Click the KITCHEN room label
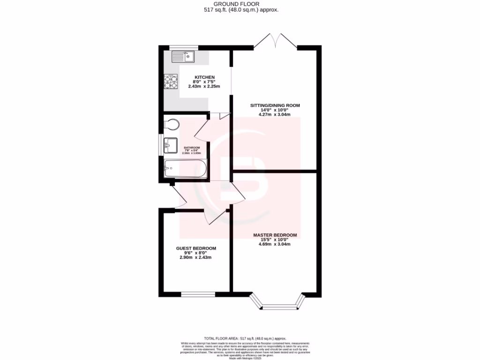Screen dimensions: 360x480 (x=205, y=77)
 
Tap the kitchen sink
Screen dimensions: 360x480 (x=183, y=58)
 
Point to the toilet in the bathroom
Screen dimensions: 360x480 (x=172, y=124)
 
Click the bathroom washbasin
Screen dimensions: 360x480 (x=170, y=145)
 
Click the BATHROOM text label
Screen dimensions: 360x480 (x=191, y=148)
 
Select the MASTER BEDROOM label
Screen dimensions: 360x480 (x=275, y=235)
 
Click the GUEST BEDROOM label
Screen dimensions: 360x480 (x=196, y=248)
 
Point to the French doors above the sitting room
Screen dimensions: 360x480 (x=276, y=41)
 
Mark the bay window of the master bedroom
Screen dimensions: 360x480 (x=279, y=304)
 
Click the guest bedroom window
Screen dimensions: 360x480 (x=198, y=294)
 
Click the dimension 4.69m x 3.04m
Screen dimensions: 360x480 (x=275, y=244)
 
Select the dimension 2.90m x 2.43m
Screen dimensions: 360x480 (x=196, y=257)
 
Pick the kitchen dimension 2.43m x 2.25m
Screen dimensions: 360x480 (x=204, y=87)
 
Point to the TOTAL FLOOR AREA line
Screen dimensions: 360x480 (x=245, y=338)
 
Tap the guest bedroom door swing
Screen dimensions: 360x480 (x=214, y=217)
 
